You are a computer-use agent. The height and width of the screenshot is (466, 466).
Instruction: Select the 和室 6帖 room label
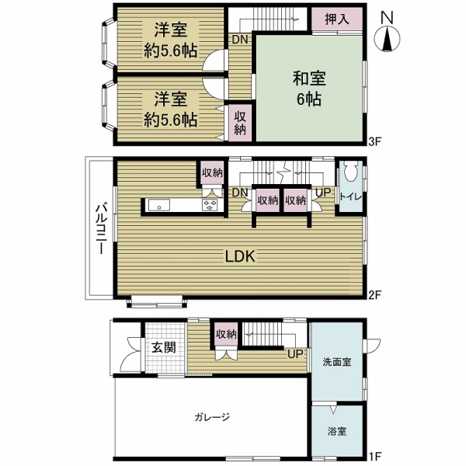coord(309,89)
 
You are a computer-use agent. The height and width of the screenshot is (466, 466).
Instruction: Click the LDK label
coord(241,256)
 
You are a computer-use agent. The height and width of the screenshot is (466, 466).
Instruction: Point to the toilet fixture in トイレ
coord(349,172)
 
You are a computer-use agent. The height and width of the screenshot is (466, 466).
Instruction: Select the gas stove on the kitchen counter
coord(210,205)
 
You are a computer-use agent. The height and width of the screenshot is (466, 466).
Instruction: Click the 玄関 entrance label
coord(162,346)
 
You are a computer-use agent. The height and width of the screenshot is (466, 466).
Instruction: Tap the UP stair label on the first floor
coord(295,354)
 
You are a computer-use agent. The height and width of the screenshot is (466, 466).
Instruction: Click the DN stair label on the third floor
coord(238,40)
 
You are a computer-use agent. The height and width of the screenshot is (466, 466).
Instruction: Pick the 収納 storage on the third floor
coord(239,122)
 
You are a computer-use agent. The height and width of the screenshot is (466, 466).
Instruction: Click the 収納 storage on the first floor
coord(226,334)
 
